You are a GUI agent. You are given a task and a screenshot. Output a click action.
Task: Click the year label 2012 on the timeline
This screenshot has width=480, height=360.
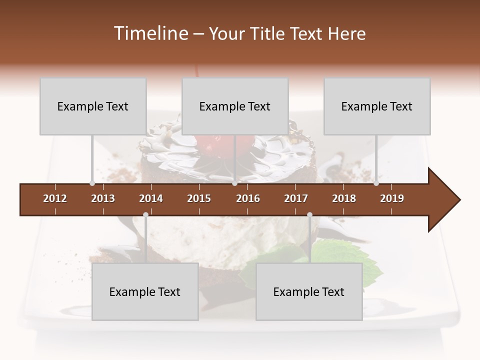55,198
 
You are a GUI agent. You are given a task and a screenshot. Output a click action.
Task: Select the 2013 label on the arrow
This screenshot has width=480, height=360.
103,198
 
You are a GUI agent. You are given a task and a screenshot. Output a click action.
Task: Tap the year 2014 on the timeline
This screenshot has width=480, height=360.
151,198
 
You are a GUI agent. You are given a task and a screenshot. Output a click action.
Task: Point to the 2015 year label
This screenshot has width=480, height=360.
199,198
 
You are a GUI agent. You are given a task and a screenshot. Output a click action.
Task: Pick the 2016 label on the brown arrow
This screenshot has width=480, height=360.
248,198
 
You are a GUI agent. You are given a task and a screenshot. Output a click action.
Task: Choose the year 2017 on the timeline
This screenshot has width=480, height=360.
296,198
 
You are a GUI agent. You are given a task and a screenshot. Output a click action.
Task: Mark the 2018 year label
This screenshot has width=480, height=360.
344,198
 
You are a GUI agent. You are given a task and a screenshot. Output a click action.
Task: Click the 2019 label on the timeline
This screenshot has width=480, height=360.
392,198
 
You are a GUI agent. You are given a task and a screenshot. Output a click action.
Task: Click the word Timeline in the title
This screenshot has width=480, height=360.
150,33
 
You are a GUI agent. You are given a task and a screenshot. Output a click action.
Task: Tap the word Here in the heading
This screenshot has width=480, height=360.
346,33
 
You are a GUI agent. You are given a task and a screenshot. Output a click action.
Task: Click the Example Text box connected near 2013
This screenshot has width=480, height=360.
93,106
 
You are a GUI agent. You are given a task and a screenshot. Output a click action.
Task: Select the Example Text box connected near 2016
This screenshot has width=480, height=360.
235,106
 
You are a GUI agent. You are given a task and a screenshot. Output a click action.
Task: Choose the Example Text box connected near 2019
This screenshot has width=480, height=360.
377,106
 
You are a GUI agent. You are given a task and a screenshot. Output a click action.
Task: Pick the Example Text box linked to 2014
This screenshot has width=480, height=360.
145,291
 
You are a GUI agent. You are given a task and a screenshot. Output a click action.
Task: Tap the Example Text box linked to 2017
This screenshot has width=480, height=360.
309,291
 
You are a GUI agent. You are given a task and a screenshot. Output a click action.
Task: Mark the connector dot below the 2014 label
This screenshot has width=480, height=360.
145,214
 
